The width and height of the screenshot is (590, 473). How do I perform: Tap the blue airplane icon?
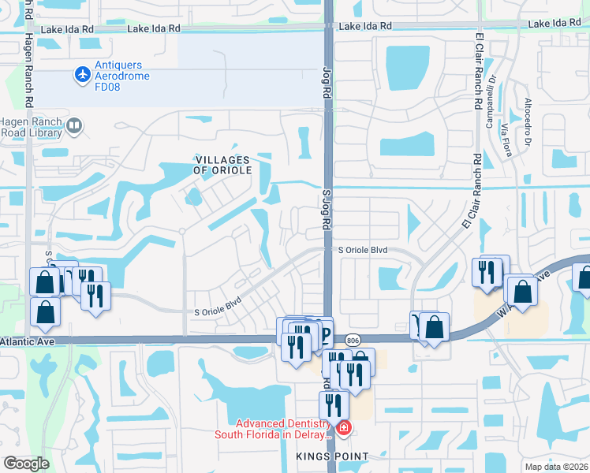[x=83, y=74]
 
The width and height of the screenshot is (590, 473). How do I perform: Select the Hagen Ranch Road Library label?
[x=31, y=126]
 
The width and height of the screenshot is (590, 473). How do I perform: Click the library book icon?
[x=74, y=125]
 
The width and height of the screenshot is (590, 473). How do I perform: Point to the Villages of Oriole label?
[x=223, y=165]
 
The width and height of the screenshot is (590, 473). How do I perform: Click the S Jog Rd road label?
[x=326, y=208]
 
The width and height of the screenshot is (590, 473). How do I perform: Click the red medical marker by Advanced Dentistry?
[x=344, y=428]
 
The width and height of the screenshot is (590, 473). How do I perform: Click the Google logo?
[x=26, y=463]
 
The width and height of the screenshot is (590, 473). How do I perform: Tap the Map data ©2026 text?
[x=557, y=467]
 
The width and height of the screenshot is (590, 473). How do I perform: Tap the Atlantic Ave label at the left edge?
[x=17, y=341]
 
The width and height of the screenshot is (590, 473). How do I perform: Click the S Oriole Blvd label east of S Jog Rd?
[x=364, y=250]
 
